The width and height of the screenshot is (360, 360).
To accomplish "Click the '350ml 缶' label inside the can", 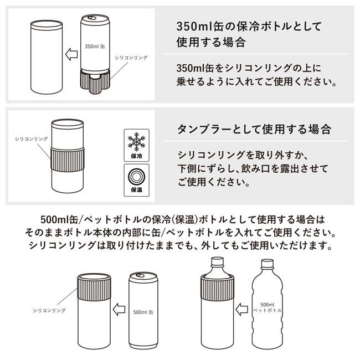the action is [95, 47].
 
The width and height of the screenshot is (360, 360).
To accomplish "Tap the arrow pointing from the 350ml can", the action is [71, 54].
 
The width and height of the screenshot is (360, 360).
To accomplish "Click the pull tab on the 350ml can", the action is [92, 18].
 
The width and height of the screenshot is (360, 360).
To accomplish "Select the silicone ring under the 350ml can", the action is [95, 81].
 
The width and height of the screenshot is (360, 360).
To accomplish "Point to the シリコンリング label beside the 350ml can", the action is [131, 58].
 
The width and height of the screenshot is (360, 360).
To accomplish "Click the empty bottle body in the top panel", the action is [47, 57].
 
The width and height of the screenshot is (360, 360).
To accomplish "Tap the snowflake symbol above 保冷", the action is [136, 142].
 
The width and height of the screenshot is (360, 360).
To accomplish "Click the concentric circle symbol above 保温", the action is [136, 177].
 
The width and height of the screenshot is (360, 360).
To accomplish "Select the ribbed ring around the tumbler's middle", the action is [67, 160].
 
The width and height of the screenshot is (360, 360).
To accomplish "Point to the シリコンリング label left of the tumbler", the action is [31, 138].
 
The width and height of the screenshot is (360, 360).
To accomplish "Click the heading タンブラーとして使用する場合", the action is [254, 129].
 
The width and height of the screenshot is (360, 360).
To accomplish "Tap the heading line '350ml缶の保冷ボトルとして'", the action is [249, 27].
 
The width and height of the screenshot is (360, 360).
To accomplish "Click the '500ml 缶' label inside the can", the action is [143, 312].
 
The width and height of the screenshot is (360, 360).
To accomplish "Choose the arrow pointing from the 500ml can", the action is [119, 309].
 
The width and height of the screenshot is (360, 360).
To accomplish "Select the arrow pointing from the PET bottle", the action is [242, 309].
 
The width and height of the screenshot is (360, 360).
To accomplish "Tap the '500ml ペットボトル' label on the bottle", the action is [268, 307].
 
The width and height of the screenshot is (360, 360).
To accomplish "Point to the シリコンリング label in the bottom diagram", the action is [49, 310].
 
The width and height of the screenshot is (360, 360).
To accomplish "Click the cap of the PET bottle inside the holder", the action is [217, 261].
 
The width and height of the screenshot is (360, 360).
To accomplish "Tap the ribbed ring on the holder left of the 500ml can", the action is [94, 287].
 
